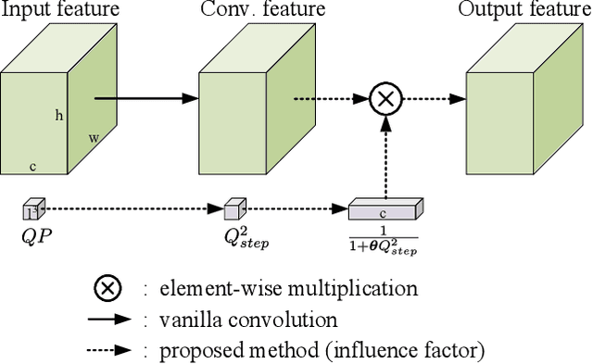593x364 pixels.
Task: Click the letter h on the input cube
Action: pyautogui.click(x=59, y=116)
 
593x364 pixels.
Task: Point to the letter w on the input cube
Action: pyautogui.click(x=94, y=138)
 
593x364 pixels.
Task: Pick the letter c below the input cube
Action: pyautogui.click(x=32, y=167)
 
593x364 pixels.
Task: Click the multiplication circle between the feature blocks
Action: pyautogui.click(x=384, y=97)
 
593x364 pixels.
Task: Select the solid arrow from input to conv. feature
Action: pyautogui.click(x=145, y=96)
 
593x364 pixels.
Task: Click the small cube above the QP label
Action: pyautogui.click(x=33, y=208)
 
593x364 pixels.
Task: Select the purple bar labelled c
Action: pyautogui.click(x=384, y=210)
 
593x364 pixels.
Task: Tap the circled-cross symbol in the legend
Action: pyautogui.click(x=108, y=288)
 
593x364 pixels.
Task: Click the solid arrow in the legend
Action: pyautogui.click(x=109, y=320)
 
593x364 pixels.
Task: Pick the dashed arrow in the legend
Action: pyautogui.click(x=109, y=350)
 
